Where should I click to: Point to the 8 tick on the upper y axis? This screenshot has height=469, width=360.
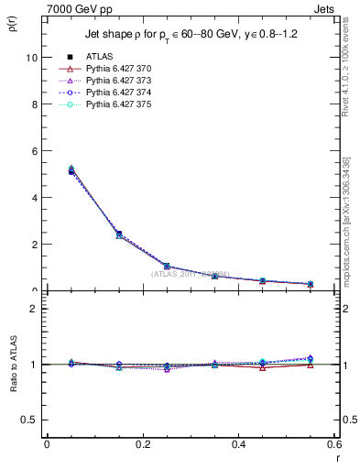[34, 104]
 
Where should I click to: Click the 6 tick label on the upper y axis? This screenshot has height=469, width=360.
[34, 150]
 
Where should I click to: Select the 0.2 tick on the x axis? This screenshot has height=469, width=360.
[142, 444]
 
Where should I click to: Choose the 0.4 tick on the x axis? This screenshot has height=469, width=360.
[238, 444]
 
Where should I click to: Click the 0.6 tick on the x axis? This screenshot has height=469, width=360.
[333, 444]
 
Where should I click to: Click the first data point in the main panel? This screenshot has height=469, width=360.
[71, 171]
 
